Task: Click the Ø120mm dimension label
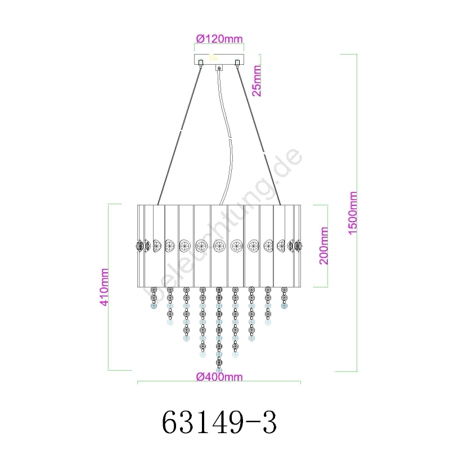219,39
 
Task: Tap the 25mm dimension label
256,80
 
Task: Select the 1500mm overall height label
353,213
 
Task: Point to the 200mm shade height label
324,246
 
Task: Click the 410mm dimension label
104,287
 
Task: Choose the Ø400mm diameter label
219,376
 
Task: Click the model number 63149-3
219,422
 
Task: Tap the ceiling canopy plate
219,60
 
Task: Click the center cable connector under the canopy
219,68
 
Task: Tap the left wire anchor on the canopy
201,62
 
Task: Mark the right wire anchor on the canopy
237,62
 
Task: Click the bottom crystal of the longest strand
219,370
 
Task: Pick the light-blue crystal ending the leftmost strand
154,306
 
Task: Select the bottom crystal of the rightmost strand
285,306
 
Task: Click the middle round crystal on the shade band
219,246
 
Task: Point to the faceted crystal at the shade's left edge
139,246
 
